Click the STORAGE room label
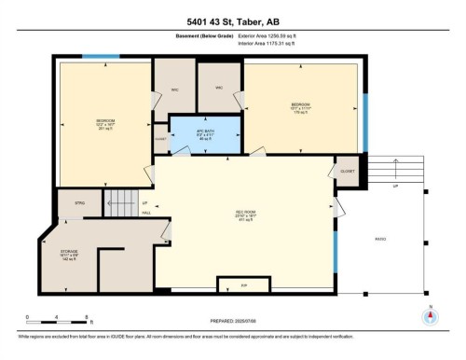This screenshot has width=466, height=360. [71, 254]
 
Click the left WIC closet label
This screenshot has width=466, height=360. [173, 91]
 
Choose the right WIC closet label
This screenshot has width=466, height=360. [219, 89]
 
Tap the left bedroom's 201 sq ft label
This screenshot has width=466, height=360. [105, 130]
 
